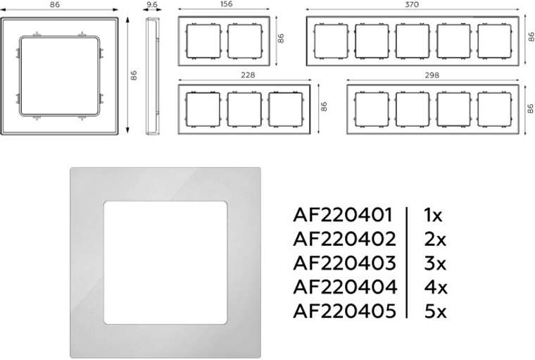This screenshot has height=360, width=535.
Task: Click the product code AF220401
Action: [343, 215]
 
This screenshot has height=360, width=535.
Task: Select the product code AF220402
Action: [345, 239]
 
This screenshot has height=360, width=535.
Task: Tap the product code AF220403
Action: [345, 263]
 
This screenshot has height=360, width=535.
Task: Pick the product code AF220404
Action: [345, 287]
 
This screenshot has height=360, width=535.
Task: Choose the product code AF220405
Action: [345, 311]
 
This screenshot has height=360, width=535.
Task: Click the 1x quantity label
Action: [433, 215]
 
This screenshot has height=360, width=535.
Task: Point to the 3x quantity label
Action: [435, 263]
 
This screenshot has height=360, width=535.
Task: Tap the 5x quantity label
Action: [435, 311]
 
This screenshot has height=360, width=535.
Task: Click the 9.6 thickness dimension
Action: [152, 4]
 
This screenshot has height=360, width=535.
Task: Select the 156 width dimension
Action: [227, 4]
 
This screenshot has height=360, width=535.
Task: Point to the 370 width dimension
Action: [412, 4]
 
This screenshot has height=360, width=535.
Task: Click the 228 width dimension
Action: [248, 75]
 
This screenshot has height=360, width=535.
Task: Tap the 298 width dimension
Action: [432, 75]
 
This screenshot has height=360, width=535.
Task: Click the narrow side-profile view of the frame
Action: [153, 77]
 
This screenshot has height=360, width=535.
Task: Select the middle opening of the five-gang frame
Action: [413, 41]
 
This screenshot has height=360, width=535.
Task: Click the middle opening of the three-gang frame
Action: [244, 110]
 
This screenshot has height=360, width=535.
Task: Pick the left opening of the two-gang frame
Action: [203, 42]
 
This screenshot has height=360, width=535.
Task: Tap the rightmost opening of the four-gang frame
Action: [494, 110]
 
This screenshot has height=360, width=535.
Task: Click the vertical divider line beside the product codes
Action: [407, 263]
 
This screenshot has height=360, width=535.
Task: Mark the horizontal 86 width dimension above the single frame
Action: [54, 5]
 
